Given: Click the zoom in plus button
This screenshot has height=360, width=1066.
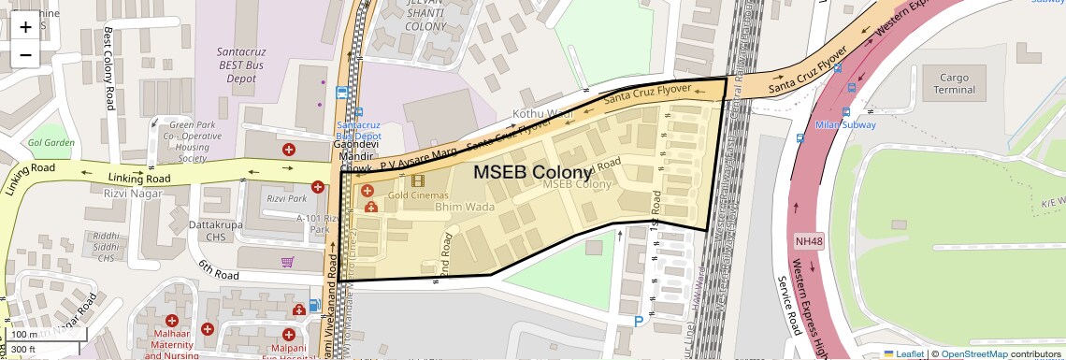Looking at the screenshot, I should pos(25,26).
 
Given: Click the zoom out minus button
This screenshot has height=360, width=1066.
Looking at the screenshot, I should pos(25,54).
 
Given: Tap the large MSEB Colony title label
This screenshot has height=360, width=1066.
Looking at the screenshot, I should pos(532,172).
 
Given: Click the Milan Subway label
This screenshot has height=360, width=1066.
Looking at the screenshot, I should pos(844,124).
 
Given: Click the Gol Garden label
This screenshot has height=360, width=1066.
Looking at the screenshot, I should pos(51,143).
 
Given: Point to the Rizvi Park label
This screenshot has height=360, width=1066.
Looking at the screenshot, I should pos(286,198).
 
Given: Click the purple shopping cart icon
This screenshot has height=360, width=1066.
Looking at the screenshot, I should pos(288,262).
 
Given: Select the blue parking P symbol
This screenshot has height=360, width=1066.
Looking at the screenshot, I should pos(639,321).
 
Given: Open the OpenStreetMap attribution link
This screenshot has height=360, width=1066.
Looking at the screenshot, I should pos(973,353).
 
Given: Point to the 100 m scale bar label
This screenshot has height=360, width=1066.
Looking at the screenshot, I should pos(24,335).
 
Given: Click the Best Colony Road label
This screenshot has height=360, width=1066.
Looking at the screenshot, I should pos(108,67).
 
